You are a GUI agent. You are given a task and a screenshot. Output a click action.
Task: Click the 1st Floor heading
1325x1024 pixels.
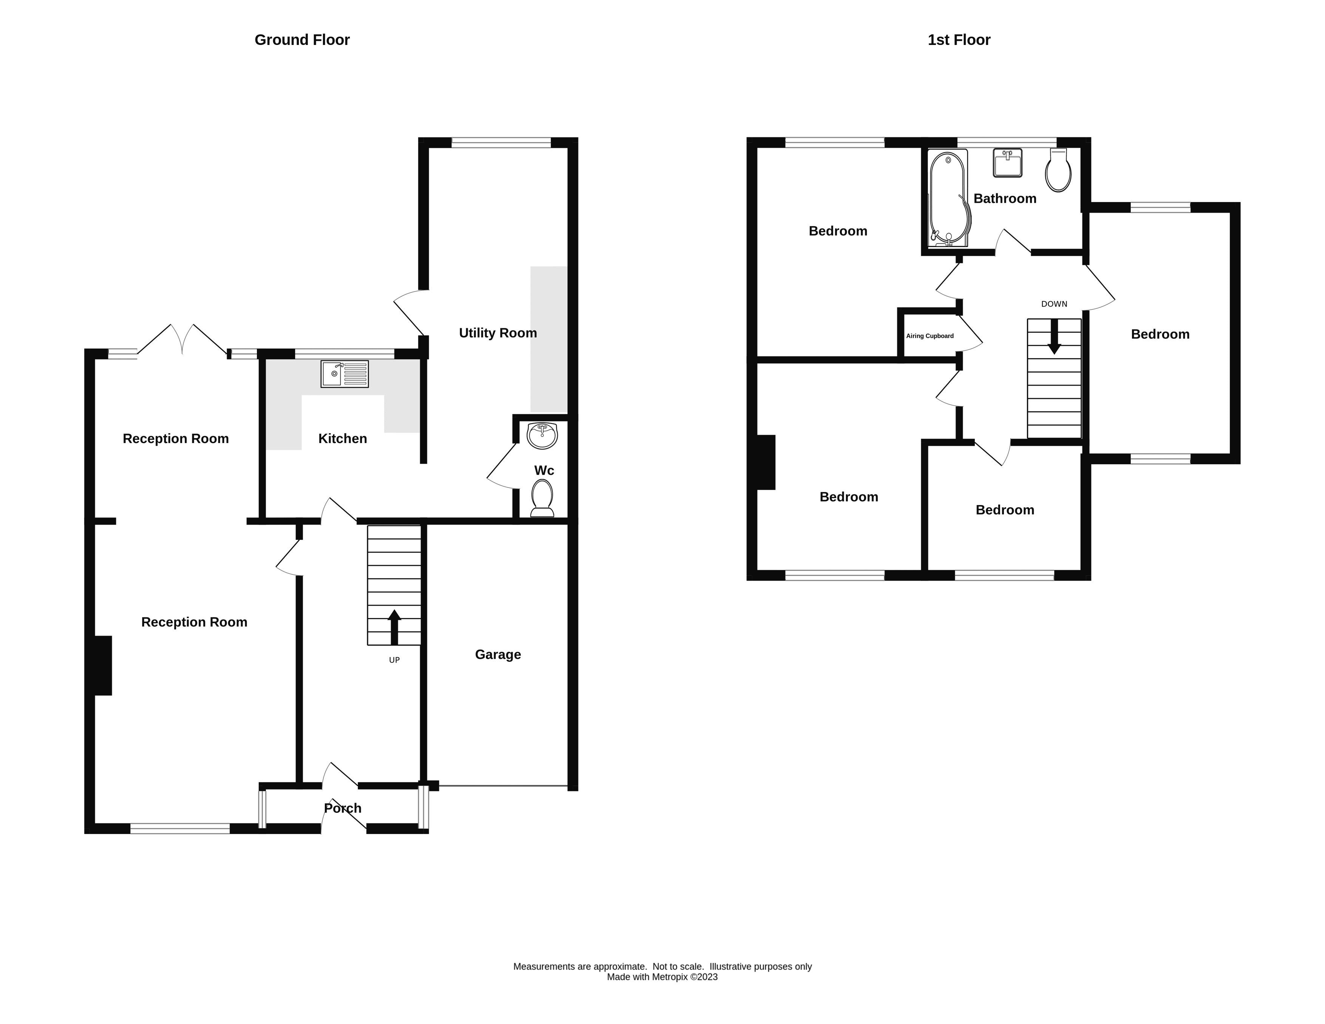click(x=959, y=40)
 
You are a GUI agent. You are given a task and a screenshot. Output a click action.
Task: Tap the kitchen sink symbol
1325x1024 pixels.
click(x=344, y=374)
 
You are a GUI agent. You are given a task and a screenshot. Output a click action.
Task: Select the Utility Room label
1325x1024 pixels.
click(x=498, y=333)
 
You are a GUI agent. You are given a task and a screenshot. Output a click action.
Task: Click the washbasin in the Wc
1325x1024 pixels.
click(x=542, y=436)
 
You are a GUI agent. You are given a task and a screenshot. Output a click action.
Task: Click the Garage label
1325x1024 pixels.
click(x=498, y=655)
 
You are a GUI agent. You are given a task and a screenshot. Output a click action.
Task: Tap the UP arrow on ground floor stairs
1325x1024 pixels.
click(x=394, y=627)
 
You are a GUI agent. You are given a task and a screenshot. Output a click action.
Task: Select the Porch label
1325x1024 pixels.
click(x=342, y=808)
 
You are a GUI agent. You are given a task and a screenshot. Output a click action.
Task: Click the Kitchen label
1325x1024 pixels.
click(x=342, y=439)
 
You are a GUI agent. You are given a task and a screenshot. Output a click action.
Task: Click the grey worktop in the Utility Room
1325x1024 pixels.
click(x=549, y=340)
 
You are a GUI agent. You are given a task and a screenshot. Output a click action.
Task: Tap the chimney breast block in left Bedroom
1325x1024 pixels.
click(x=766, y=462)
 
